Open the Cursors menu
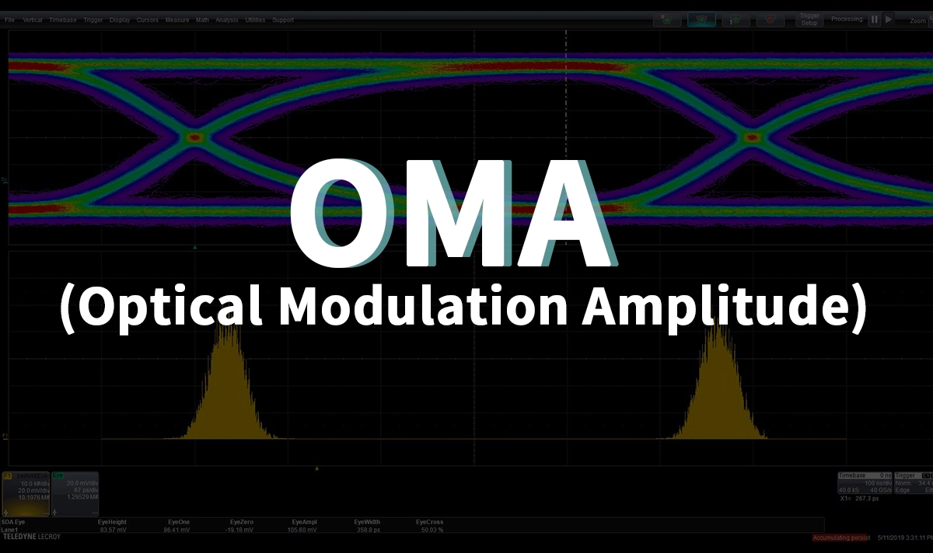pos(148,19)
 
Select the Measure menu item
pos(177,19)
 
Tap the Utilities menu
pos(255,19)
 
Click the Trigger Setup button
pos(809,19)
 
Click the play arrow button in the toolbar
pos(889,19)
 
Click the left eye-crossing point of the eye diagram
pos(194,137)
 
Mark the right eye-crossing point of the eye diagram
pos(751,137)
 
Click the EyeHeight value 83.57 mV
pos(112,530)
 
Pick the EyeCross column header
pos(430,522)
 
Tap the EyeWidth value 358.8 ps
pos(369,530)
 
